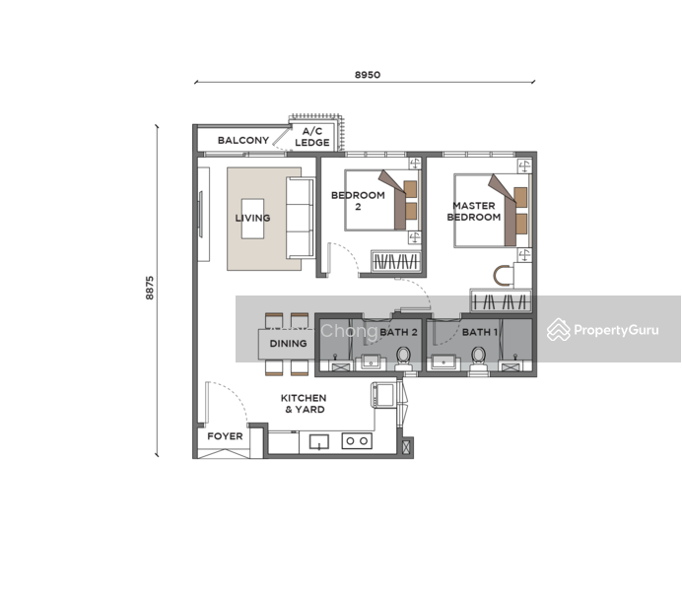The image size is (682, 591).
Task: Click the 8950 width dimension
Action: pyautogui.click(x=368, y=75)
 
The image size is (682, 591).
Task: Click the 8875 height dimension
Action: pyautogui.click(x=150, y=288)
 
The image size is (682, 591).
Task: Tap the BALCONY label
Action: pyautogui.click(x=243, y=140)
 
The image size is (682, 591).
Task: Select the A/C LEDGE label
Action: pyautogui.click(x=312, y=137)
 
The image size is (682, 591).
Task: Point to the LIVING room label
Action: pyautogui.click(x=252, y=218)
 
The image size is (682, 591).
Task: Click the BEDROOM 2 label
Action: pyautogui.click(x=358, y=201)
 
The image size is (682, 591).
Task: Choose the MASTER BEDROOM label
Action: pyautogui.click(x=474, y=211)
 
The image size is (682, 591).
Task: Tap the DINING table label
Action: pyautogui.click(x=288, y=344)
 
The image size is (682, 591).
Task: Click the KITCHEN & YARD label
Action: pyautogui.click(x=304, y=404)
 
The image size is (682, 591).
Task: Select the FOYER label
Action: pyautogui.click(x=225, y=436)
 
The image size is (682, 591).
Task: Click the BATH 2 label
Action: pyautogui.click(x=398, y=333)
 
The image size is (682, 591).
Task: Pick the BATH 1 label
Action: pyautogui.click(x=480, y=333)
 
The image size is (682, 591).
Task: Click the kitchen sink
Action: pyautogui.click(x=318, y=442)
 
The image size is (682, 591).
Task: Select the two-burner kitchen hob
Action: pyautogui.click(x=357, y=441)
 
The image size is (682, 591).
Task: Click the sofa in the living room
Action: pyautogui.click(x=301, y=218)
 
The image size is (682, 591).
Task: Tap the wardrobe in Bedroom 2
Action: pyautogui.click(x=396, y=262)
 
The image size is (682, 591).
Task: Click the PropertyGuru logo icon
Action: pyautogui.click(x=559, y=330)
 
